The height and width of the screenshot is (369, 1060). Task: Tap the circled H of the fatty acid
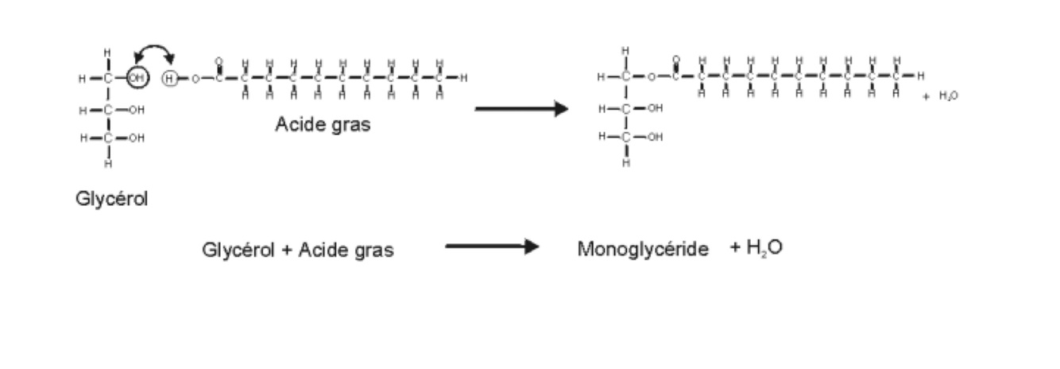[x=169, y=78]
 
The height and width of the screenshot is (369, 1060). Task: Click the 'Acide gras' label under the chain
[x=323, y=124]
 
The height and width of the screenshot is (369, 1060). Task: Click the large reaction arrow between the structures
[x=521, y=109]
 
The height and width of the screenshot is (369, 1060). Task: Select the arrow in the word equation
[x=492, y=247]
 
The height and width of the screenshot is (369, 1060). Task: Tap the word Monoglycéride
[x=642, y=249]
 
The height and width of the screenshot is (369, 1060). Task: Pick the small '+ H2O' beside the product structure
[x=940, y=95]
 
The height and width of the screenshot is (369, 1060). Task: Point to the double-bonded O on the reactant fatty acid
[x=218, y=61]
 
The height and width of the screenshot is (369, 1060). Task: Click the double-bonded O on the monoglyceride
[x=675, y=60]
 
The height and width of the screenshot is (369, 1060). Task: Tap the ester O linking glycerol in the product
[x=650, y=77]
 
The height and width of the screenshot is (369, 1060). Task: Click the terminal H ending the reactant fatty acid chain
[x=463, y=78]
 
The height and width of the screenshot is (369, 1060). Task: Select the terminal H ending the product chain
[x=920, y=76]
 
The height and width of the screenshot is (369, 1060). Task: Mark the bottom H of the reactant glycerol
[x=108, y=164]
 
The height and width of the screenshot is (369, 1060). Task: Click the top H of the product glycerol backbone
[x=626, y=51]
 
